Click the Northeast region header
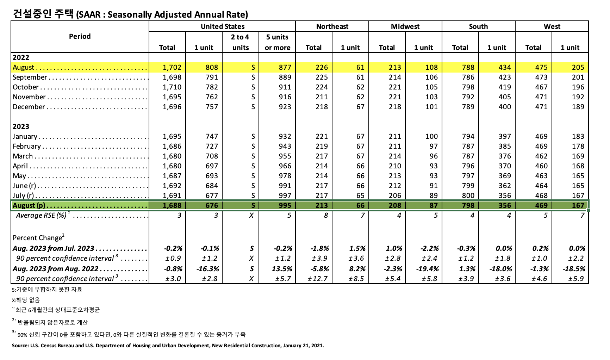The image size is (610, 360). (x=332, y=26)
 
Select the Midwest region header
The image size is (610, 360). (x=405, y=26)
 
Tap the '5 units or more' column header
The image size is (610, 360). (x=278, y=42)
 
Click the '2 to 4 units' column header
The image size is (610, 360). (x=240, y=42)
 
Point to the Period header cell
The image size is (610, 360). (x=80, y=36)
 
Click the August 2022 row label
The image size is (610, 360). (x=24, y=67)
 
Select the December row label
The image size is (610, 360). (x=29, y=107)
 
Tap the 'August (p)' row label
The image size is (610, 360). (x=29, y=205)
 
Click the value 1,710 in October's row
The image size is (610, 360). (x=172, y=87)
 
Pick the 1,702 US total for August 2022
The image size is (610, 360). (x=172, y=67)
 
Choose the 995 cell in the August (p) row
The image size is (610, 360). (x=285, y=205)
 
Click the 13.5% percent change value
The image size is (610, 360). (x=282, y=269)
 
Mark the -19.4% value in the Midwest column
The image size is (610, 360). (x=428, y=269)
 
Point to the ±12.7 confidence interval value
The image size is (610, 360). (x=318, y=279)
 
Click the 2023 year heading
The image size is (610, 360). (x=21, y=126)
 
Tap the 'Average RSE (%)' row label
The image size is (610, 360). (x=42, y=215)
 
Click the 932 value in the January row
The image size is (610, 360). (x=285, y=136)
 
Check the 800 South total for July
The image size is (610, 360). (x=468, y=195)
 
